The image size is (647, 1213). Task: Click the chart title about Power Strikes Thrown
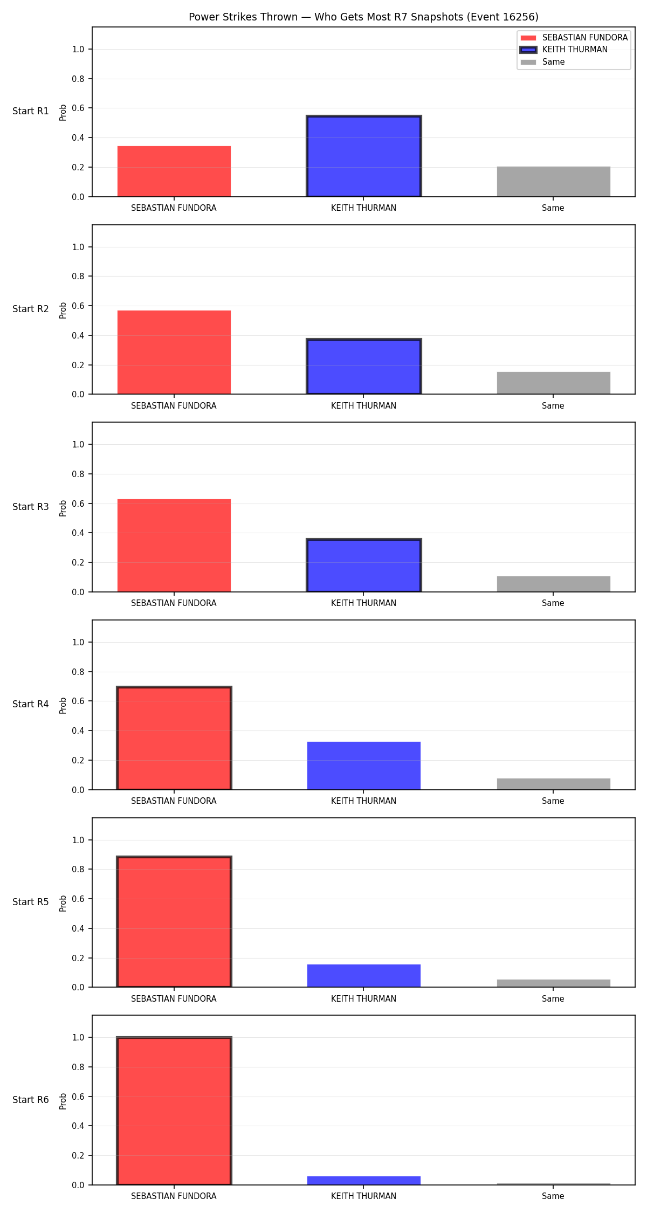click(x=363, y=17)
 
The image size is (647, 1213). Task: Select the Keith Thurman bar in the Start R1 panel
click(x=364, y=156)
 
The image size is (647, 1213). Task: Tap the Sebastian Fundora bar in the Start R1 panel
click(x=174, y=171)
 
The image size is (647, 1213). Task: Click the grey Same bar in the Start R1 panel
click(x=554, y=182)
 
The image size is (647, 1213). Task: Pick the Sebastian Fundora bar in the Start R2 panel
click(x=174, y=353)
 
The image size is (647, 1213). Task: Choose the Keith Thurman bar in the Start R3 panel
click(x=364, y=566)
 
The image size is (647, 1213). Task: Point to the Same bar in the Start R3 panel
click(x=554, y=584)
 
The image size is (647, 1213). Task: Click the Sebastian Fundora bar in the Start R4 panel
click(x=174, y=738)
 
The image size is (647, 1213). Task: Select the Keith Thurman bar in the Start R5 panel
click(x=364, y=976)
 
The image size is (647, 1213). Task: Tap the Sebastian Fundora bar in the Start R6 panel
click(x=174, y=1111)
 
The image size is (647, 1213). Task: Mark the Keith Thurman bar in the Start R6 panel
click(x=364, y=1181)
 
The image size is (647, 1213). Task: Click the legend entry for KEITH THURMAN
click(x=563, y=50)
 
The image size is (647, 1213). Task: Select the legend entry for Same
click(x=542, y=62)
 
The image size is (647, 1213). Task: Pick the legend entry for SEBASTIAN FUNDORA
click(x=574, y=38)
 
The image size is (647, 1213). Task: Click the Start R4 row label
click(x=31, y=704)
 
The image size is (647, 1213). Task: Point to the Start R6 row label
click(x=31, y=1100)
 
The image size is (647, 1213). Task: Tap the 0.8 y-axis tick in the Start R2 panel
click(x=78, y=276)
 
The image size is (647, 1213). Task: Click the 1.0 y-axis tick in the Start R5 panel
click(x=78, y=840)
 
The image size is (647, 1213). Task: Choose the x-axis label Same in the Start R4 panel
click(x=553, y=801)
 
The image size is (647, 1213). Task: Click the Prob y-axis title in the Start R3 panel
click(x=63, y=508)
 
